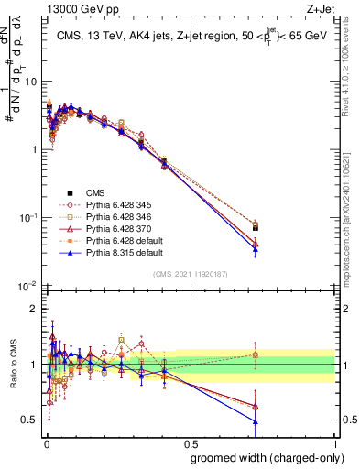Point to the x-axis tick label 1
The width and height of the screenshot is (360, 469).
click(x=334, y=442)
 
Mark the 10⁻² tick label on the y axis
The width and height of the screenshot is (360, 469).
click(x=27, y=286)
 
